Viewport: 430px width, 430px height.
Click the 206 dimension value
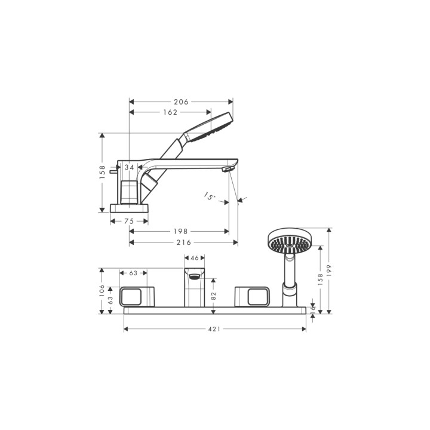pyautogui.click(x=181, y=102)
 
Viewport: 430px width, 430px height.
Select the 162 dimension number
pyautogui.click(x=170, y=112)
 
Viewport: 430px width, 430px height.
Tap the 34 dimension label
pyautogui.click(x=129, y=167)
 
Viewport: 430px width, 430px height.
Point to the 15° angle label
pyautogui.click(x=210, y=196)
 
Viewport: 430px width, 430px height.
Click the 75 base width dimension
pyautogui.click(x=129, y=221)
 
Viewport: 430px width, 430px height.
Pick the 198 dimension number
pyautogui.click(x=180, y=232)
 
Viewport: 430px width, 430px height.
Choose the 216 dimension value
pyautogui.click(x=183, y=242)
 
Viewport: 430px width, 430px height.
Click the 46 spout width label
pyautogui.click(x=195, y=258)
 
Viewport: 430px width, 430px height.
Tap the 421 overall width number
pyautogui.click(x=214, y=329)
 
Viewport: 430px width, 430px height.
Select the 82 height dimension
pyautogui.click(x=214, y=296)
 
